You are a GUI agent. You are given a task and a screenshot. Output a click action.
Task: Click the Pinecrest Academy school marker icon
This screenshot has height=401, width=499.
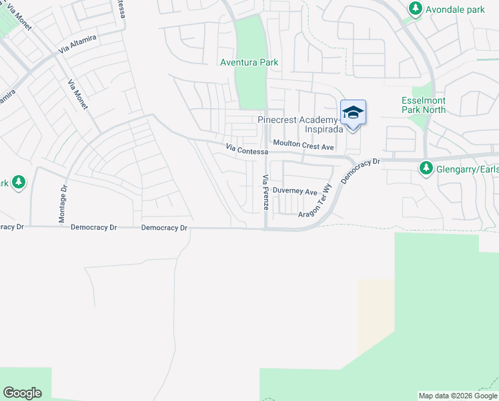pos(353,113)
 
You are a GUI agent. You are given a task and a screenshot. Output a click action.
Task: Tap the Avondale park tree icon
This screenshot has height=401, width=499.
pos(416,9)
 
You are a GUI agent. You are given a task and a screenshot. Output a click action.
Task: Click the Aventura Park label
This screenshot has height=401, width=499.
pos(249,62)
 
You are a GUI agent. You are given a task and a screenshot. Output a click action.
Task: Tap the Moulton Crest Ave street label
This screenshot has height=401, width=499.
pos(304,145)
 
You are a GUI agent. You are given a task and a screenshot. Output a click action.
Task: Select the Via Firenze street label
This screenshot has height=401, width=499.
pos(266,192)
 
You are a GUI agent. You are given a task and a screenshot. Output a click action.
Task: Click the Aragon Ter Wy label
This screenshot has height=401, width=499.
pos(314,202)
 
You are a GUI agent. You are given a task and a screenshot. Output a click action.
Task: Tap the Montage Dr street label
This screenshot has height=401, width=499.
pos(63,204)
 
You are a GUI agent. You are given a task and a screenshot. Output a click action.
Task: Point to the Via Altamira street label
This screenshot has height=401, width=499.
pos(77,44)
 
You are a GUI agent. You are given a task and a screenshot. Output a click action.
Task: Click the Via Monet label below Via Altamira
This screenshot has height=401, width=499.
pos(77,96)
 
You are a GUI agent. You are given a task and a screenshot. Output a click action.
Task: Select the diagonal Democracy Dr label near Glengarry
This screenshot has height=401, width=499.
pos(360,171)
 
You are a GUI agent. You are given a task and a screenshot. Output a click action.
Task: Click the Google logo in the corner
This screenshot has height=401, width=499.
pos(22,393)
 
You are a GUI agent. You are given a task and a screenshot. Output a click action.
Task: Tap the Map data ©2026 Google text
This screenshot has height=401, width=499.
pos(457,396)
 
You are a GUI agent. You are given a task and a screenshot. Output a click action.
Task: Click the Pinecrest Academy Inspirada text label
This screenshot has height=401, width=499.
pos(300,124)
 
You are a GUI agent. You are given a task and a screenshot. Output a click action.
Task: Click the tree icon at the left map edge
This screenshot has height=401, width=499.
pos(18,182)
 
